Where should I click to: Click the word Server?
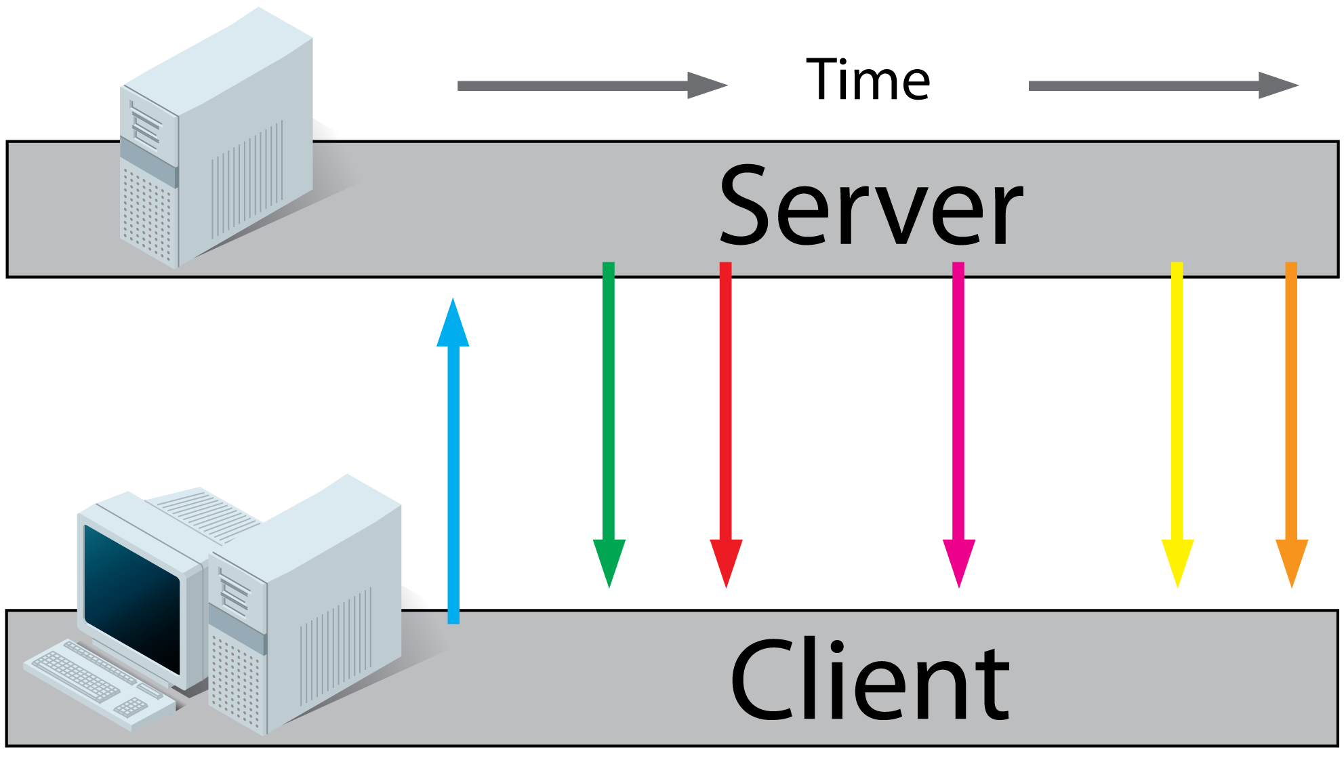point(870,207)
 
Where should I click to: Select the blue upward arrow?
point(453,475)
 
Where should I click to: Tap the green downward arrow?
point(609,407)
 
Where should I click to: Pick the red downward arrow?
point(725,407)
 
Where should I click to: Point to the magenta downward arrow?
point(958,407)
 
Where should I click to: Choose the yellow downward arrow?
point(1177,407)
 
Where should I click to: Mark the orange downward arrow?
point(1291,407)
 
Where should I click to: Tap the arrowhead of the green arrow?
point(609,559)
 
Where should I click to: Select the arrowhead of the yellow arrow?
point(1177,559)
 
